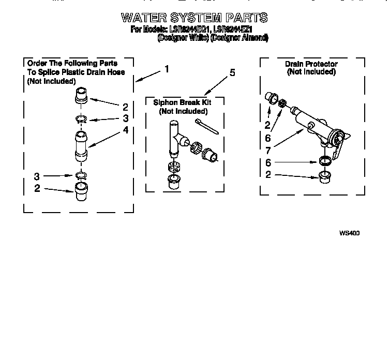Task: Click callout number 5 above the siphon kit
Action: pyautogui.click(x=232, y=72)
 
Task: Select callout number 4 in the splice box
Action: pyautogui.click(x=125, y=130)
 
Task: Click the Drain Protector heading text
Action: pyautogui.click(x=311, y=64)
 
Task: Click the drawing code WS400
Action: pyautogui.click(x=349, y=233)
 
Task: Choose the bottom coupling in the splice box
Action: pyautogui.click(x=81, y=191)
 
